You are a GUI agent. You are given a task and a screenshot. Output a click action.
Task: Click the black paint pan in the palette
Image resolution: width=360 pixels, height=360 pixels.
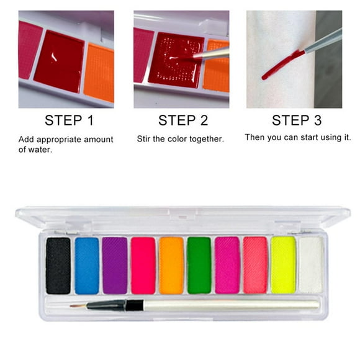[58, 265]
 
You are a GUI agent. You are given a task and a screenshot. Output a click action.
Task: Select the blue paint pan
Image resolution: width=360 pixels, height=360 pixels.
[87, 265]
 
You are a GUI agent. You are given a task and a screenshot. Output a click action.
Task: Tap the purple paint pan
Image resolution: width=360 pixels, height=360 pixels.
[115, 265]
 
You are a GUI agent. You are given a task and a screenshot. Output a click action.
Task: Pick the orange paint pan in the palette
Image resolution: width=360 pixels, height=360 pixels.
[171, 265]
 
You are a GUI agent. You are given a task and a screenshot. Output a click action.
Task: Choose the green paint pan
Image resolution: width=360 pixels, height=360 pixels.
[199, 265]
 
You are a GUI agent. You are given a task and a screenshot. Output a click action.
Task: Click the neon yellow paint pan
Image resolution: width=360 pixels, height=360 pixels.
[283, 265]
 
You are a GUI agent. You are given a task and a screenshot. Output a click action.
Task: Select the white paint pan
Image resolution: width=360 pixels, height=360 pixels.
[311, 265]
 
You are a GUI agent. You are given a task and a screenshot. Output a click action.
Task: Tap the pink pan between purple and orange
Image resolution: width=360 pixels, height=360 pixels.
[143, 265]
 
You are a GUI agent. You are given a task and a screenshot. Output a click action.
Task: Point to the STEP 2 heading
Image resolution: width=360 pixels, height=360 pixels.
[182, 120]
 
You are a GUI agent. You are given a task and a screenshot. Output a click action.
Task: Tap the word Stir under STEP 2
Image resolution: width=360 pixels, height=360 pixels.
[145, 139]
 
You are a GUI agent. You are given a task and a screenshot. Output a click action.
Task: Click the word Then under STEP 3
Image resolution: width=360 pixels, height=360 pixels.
[256, 137]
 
